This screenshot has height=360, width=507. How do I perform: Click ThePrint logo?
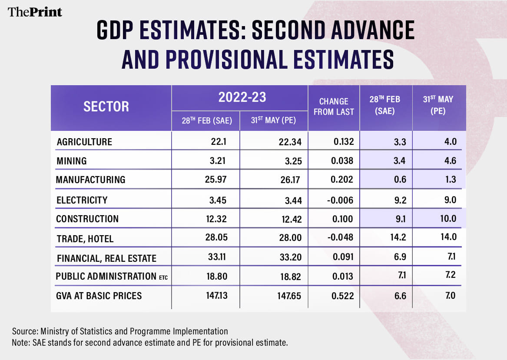(35, 12)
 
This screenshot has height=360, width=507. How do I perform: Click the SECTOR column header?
(106, 107)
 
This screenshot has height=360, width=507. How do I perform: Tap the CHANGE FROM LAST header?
(334, 107)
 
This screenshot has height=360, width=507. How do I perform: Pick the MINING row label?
(71, 161)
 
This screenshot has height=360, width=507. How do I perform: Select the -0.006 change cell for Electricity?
(343, 200)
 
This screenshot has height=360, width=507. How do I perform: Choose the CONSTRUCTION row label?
(87, 219)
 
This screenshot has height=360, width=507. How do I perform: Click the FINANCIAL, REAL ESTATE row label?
(106, 259)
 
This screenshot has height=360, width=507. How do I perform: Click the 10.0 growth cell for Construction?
(447, 219)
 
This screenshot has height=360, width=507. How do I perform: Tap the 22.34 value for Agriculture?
(291, 142)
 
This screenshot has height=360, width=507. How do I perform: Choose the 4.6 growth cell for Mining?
(450, 161)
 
